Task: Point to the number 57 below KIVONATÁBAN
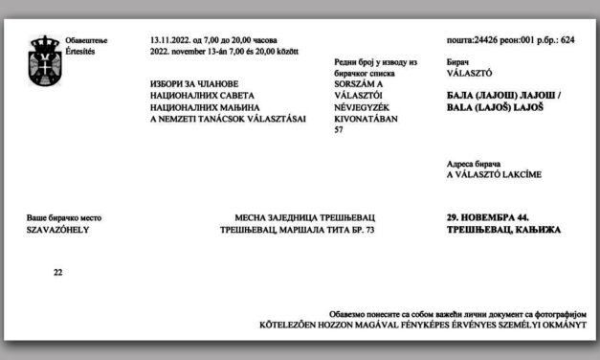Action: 337,129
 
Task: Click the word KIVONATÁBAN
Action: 356,118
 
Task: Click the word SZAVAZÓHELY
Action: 56,231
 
